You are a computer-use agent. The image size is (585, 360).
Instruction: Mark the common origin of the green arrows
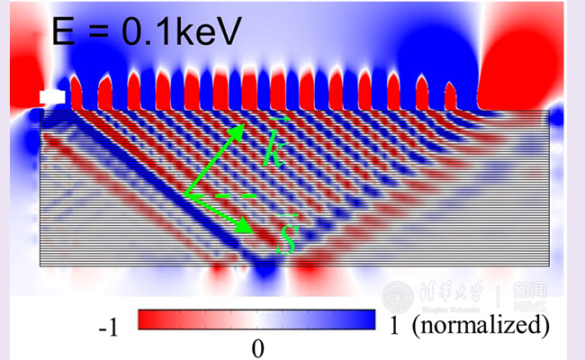click(185, 193)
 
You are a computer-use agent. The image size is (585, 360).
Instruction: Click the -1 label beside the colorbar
click(107, 328)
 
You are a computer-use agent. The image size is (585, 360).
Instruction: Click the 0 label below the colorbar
click(257, 347)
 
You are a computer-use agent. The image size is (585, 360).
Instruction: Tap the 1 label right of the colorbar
click(394, 325)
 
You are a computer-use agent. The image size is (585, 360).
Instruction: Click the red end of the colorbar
click(148, 320)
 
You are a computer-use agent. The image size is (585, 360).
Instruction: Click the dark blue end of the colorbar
click(364, 320)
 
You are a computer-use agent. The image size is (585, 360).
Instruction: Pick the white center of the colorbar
click(257, 320)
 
